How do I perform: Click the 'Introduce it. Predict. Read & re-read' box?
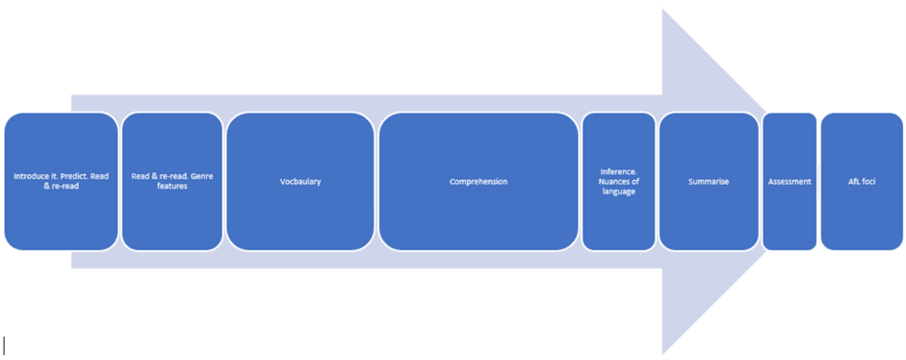point(62,182)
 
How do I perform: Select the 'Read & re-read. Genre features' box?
point(172,182)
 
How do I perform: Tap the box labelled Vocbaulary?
point(299,182)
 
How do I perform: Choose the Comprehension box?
point(479,182)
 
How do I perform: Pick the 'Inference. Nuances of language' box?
point(619,182)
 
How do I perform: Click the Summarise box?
point(709,182)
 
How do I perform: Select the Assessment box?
point(790,182)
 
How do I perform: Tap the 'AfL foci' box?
point(862,182)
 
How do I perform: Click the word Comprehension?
point(479,182)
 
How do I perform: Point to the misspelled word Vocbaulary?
point(299,182)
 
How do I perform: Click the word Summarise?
point(709,182)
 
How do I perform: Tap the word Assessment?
point(790,182)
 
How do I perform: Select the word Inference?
point(619,171)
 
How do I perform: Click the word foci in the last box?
point(868,182)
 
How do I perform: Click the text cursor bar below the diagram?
point(5,345)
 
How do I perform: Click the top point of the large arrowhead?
point(662,9)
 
